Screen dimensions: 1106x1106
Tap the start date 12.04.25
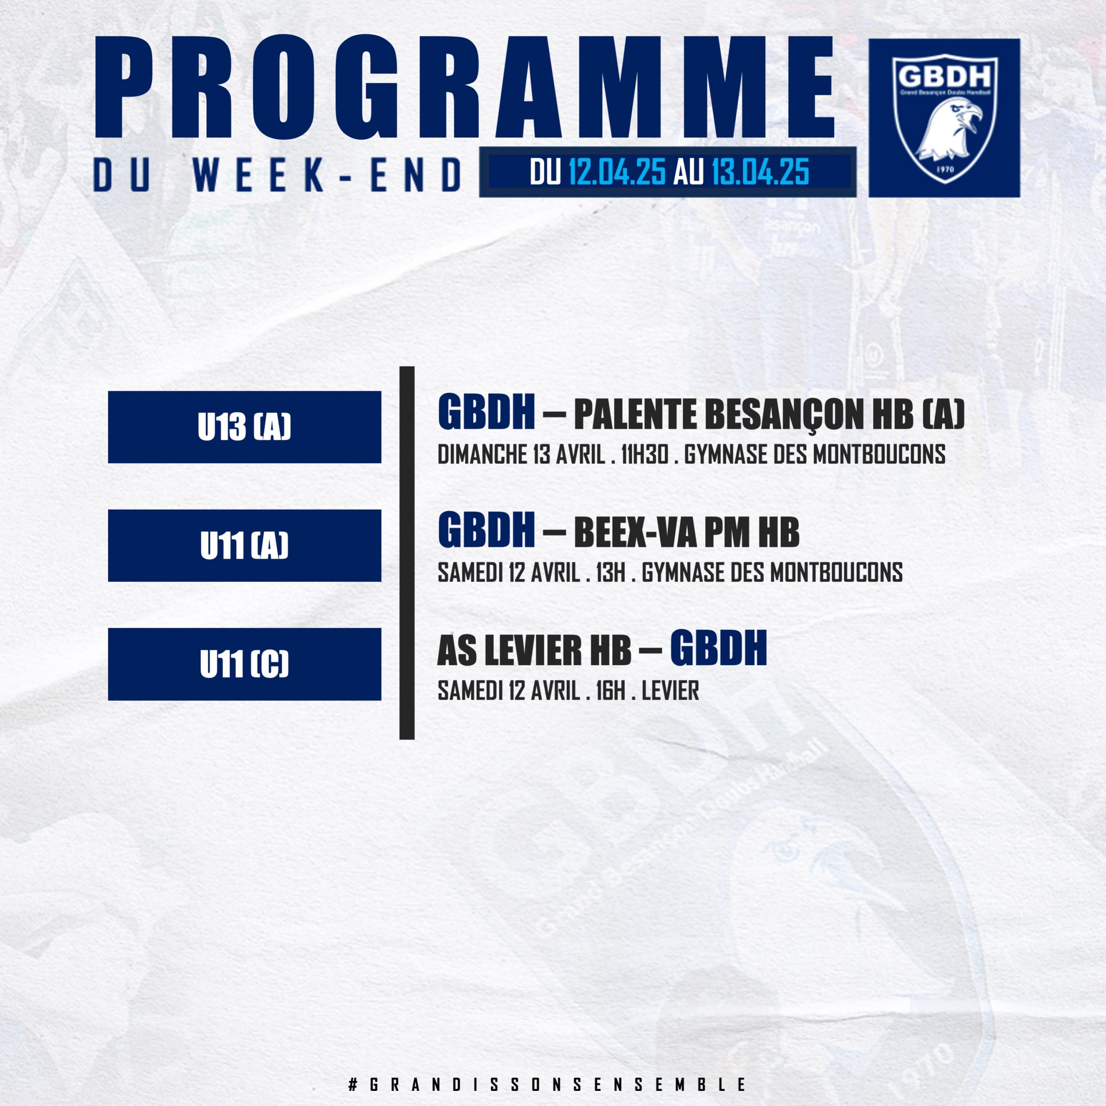click(x=617, y=172)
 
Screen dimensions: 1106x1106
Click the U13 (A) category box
click(x=245, y=427)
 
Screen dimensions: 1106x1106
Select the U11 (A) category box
click(x=245, y=546)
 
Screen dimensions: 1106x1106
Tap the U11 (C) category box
click(x=245, y=664)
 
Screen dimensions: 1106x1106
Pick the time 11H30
click(x=645, y=455)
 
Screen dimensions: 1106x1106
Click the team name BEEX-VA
click(x=634, y=533)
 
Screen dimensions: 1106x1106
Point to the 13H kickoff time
click(x=610, y=573)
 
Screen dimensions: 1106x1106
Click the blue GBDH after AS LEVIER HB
click(x=718, y=648)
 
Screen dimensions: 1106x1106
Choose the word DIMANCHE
click(x=483, y=455)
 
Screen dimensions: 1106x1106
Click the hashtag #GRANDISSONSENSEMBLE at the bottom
click(x=548, y=1084)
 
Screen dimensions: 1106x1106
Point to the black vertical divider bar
click(x=407, y=553)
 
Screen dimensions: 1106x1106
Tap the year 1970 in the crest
click(x=944, y=170)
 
